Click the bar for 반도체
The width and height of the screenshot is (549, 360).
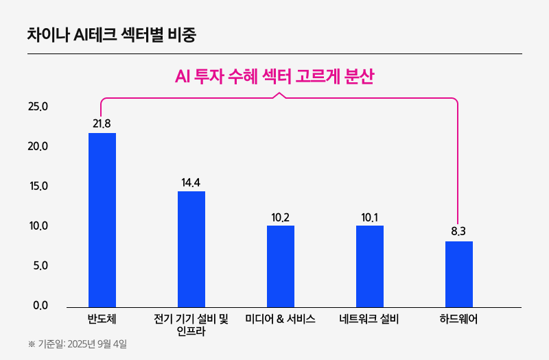[102, 219]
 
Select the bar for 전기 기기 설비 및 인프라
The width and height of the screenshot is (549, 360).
[191, 249]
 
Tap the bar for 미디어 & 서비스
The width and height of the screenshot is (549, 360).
[281, 266]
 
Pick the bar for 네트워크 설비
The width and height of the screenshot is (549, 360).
[370, 266]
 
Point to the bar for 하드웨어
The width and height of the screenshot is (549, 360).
[459, 274]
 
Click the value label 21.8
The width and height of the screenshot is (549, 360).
[102, 123]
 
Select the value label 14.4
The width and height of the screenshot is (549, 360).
[191, 182]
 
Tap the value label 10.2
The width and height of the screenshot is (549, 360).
[281, 217]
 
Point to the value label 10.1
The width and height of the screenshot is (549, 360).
[370, 217]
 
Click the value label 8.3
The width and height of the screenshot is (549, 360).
[458, 232]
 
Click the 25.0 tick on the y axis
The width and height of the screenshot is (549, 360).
[38, 107]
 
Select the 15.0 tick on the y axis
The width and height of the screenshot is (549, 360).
[38, 187]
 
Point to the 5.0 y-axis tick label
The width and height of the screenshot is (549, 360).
[40, 266]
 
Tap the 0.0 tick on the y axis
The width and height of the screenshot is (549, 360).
[40, 306]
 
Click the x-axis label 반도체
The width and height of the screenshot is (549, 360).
[102, 319]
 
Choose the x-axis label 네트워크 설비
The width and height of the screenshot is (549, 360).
[369, 319]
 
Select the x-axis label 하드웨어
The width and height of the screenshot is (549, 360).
[458, 319]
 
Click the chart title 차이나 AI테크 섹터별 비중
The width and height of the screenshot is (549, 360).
[112, 34]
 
